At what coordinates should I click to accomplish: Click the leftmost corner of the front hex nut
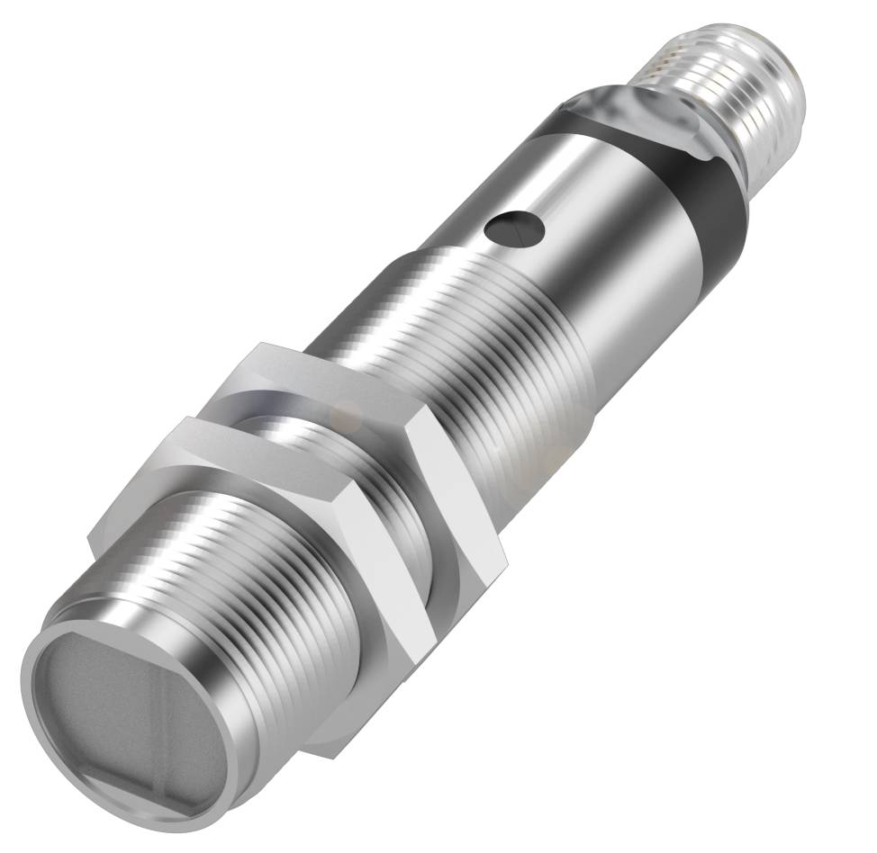click(x=90, y=540)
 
